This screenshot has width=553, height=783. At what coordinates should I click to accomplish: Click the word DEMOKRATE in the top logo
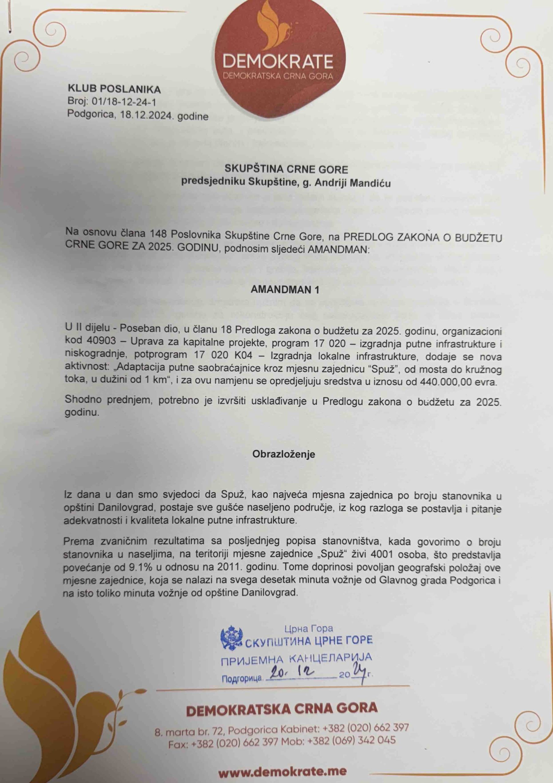tap(277, 61)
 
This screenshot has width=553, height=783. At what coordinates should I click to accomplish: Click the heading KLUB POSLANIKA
tap(114, 89)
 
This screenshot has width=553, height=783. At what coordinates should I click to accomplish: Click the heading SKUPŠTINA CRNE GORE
tap(286, 169)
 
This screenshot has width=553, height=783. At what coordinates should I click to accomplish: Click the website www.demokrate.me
tap(282, 772)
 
